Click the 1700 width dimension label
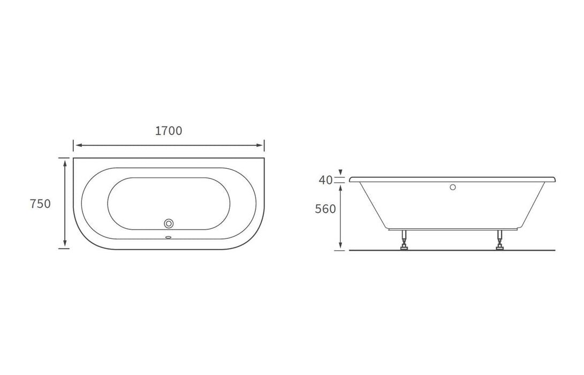click(169, 131)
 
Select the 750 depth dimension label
click(40, 204)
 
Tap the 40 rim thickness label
click(325, 180)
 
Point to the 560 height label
click(325, 209)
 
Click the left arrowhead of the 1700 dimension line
click(77, 145)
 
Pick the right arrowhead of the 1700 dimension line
click(261, 145)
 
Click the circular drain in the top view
click(169, 223)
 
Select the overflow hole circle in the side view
click(452, 187)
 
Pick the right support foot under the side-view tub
click(500, 241)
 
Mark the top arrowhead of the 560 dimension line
click(340, 185)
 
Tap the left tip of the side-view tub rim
click(351, 179)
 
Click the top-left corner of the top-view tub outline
click(74, 158)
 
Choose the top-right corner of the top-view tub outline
click(264, 158)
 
